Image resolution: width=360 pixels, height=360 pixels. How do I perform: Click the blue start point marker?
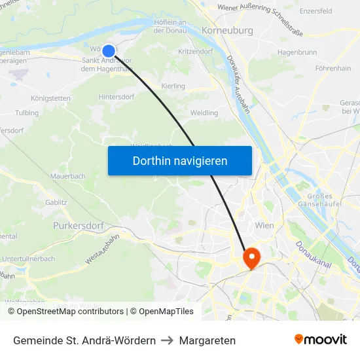pos(109,50)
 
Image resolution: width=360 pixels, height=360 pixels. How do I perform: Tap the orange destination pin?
pos(251,257)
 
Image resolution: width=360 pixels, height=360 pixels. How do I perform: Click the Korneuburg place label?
pos(228,30)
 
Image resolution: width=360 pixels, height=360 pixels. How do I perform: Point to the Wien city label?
pos(264,225)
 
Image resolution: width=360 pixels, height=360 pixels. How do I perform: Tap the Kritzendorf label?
pos(196,51)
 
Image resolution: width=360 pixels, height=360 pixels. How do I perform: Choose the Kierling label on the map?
pos(173,86)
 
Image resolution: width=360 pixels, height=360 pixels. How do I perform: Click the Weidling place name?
pos(204,113)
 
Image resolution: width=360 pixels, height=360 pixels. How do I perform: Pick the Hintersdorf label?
pos(117,96)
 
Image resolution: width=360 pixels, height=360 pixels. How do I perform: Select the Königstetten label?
pos(50,98)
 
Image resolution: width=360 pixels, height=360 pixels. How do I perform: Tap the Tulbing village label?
pos(27,113)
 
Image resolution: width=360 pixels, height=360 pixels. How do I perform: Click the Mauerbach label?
pos(68,176)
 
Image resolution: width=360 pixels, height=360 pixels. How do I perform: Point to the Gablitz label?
pos(56,203)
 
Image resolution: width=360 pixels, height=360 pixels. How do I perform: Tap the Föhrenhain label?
pos(333,67)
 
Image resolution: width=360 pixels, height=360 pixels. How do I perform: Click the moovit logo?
pos(321,339)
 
